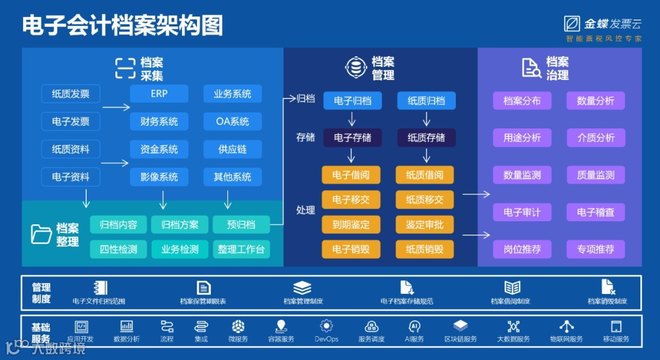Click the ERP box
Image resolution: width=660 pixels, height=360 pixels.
159,94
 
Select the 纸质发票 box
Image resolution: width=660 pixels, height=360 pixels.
70,94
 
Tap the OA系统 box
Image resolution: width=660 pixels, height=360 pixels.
232,122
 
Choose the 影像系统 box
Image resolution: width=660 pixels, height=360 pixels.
159,177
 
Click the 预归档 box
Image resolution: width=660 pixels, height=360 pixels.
241,224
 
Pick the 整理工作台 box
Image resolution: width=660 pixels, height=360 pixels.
241,249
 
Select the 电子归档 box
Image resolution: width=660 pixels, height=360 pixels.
353,101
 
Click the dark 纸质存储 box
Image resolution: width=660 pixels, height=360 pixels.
426,138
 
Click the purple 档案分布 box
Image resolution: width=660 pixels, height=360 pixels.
522,101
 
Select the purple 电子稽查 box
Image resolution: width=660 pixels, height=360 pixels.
596,212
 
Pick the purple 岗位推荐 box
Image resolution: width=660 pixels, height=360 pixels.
522,249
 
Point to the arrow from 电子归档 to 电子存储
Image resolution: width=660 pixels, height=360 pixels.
352,119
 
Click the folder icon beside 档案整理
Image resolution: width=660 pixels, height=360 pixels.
42,235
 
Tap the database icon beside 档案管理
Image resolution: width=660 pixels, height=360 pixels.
355,67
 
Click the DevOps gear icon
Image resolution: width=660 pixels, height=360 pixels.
326,326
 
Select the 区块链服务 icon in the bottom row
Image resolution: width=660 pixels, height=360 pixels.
460,326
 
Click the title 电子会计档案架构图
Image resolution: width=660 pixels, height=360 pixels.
122,26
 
